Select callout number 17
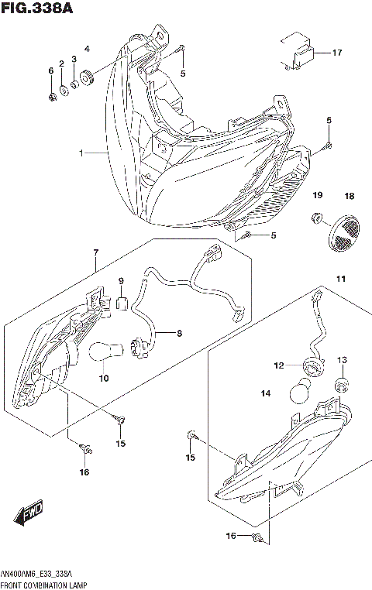(336, 53)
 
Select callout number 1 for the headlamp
(81, 153)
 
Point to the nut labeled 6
(50, 97)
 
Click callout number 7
(96, 253)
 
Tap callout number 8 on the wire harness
(178, 334)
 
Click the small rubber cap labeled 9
(121, 300)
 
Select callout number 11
(339, 278)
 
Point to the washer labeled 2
(63, 89)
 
